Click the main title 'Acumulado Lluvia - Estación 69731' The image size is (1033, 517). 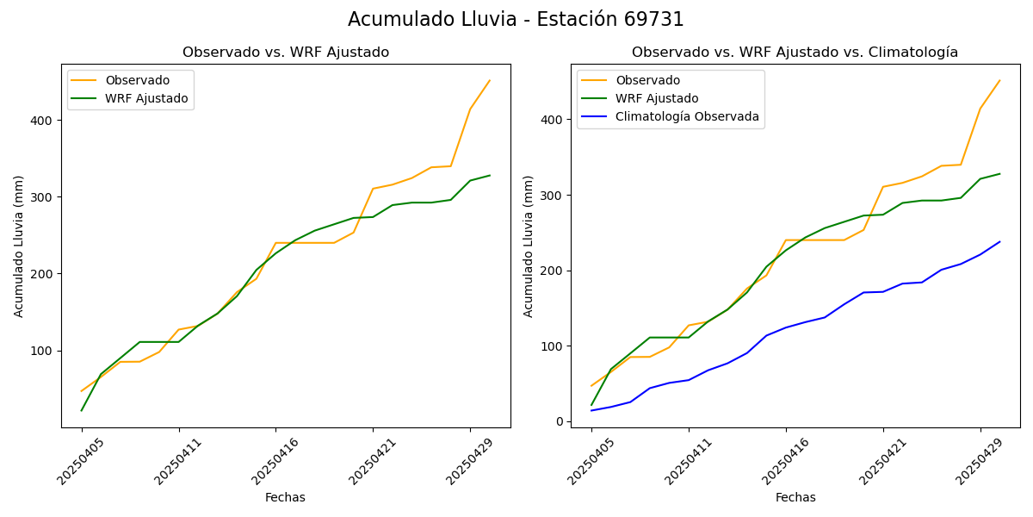click(x=516, y=20)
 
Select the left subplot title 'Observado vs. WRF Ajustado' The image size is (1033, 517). click(x=286, y=53)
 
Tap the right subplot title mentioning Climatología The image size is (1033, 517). click(x=795, y=53)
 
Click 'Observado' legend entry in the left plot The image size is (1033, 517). click(x=137, y=80)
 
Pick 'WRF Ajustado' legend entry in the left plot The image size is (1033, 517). click(x=146, y=98)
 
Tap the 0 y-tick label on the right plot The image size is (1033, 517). click(x=560, y=421)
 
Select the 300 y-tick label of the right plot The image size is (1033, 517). click(x=554, y=196)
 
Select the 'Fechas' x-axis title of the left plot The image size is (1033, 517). click(x=285, y=497)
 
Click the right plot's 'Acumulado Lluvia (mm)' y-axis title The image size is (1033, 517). click(x=529, y=246)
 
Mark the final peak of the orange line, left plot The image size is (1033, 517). click(x=490, y=80)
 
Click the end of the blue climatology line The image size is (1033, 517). click(x=1000, y=241)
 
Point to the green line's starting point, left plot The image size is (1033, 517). click(x=82, y=410)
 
